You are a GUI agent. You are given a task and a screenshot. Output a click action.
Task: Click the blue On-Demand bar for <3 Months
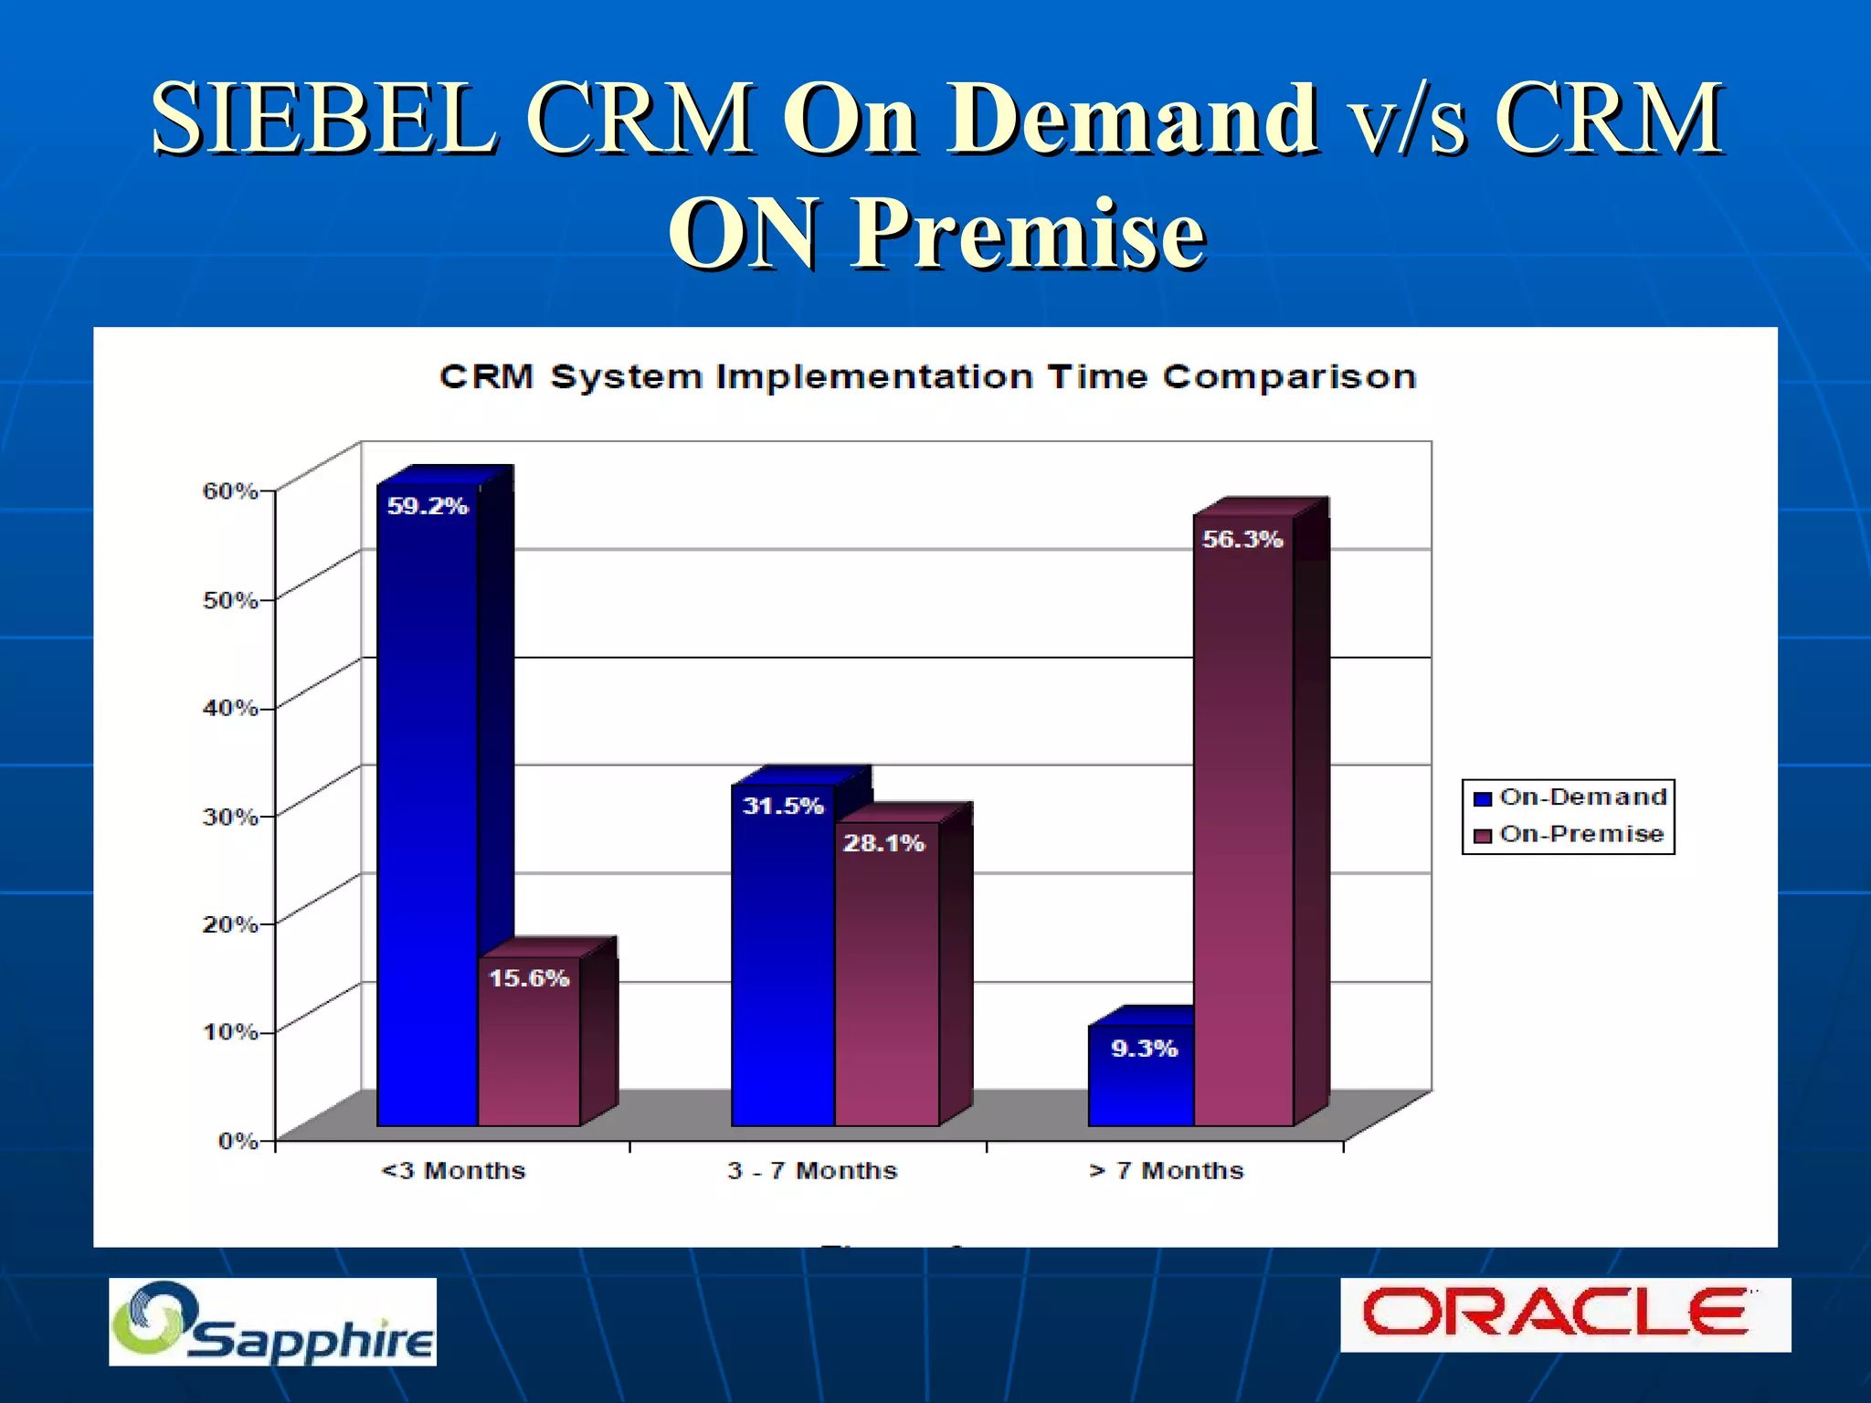428,804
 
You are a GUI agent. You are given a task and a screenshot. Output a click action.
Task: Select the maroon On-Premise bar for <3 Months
530,1050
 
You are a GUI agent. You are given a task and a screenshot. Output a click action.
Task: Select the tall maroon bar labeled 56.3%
1243,822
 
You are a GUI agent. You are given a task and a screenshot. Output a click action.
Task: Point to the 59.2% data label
428,506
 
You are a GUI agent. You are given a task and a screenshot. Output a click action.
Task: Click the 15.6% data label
529,978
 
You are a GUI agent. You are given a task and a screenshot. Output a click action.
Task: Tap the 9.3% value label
1144,1049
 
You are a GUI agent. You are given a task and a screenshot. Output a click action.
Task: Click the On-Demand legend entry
1571,797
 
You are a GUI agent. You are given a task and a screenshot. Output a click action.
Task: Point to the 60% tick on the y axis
230,491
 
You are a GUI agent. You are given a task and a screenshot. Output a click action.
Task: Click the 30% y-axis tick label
230,817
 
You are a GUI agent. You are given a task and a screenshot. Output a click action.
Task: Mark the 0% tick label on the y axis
238,1141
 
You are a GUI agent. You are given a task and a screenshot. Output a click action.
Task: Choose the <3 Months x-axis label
453,1171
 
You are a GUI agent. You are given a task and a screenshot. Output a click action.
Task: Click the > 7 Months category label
1167,1171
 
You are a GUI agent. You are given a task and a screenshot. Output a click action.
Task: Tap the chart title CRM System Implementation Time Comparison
927,377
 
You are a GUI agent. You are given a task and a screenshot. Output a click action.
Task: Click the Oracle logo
1564,1314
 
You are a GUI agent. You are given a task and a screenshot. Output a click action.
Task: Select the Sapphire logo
272,1323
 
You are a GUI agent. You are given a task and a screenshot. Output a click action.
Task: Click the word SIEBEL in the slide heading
324,119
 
